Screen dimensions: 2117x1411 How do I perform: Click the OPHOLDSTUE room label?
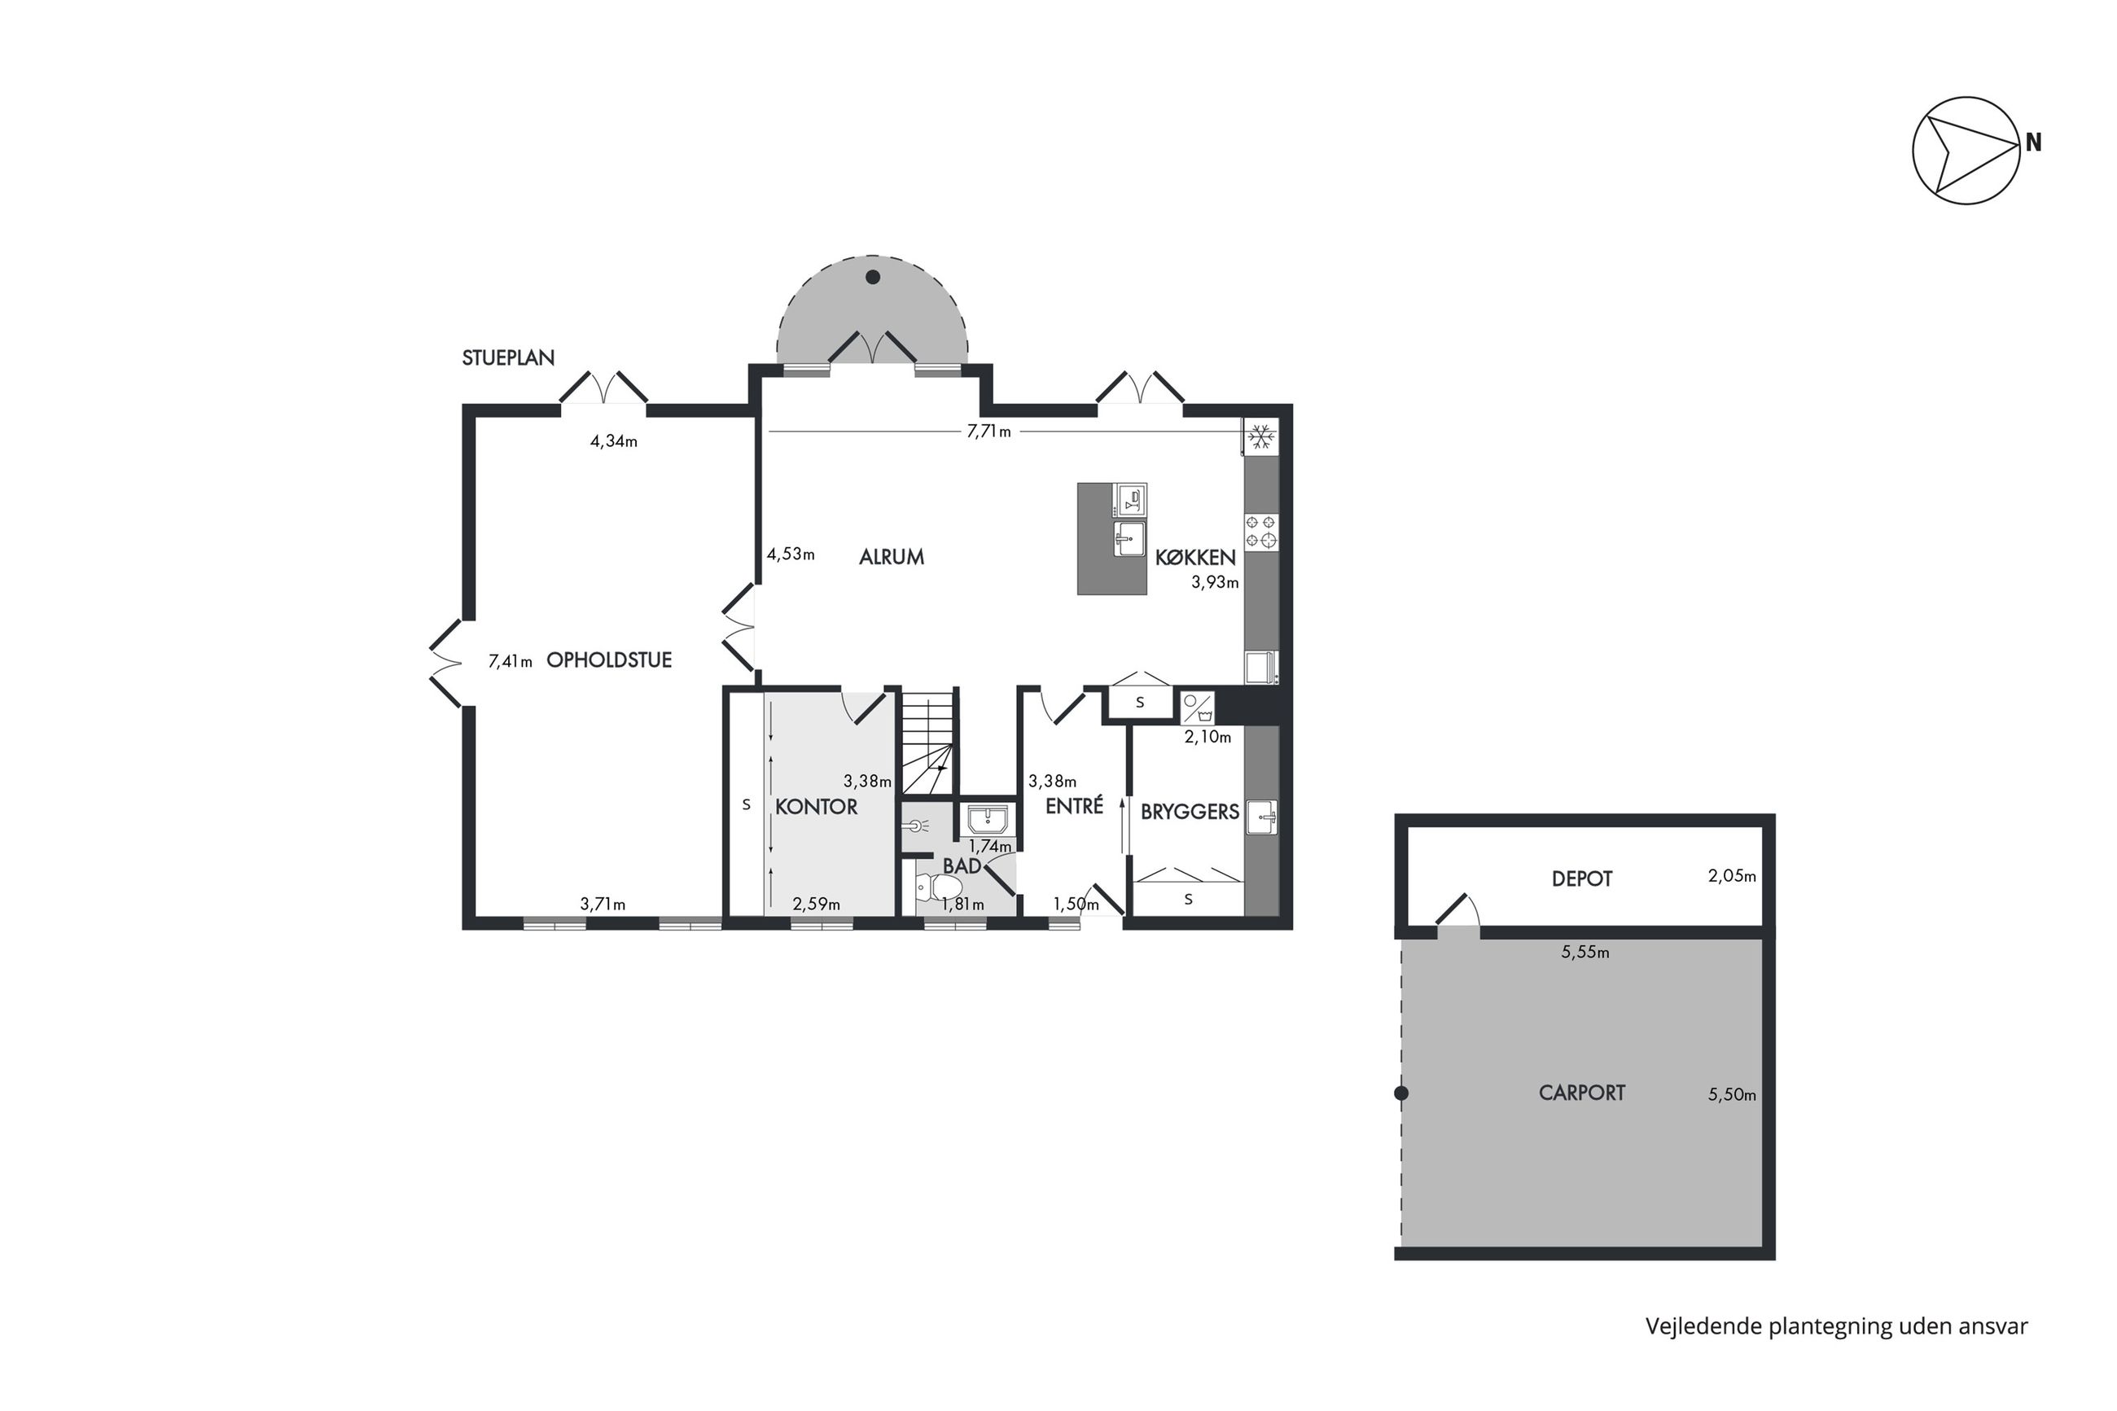pos(609,659)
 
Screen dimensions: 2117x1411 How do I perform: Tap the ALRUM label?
pos(891,557)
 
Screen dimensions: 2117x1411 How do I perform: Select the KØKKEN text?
pos(1194,558)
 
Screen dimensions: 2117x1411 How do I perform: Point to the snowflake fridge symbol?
pos(1260,436)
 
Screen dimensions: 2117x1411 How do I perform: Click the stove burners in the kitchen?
pos(1260,531)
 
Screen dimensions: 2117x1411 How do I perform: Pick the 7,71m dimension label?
pos(988,432)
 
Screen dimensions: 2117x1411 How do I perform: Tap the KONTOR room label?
pos(816,807)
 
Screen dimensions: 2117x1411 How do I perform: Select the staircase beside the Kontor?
pos(927,743)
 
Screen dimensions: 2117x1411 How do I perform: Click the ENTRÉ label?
pos(1074,805)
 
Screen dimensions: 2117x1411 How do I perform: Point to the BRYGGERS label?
pos(1190,812)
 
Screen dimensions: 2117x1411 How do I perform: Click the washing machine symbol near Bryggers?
pos(1197,708)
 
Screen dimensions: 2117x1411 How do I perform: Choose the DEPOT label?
pos(1582,879)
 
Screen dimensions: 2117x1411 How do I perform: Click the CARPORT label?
pos(1582,1093)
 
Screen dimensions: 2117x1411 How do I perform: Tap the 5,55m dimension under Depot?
pos(1585,952)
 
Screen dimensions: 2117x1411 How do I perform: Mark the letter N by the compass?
pos(2033,142)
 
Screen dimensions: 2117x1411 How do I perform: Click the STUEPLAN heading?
pos(508,357)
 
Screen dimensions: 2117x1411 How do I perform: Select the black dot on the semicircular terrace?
pos(872,277)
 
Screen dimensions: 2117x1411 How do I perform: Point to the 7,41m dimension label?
pos(511,661)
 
